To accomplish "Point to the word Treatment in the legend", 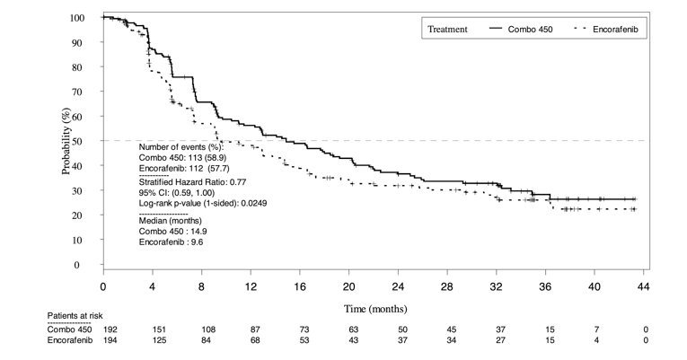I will (x=446, y=29).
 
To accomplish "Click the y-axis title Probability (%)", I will (x=68, y=142).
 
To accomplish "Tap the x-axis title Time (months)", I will (x=373, y=308).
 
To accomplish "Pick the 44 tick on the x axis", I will (x=642, y=285).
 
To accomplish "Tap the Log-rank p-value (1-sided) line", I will (x=202, y=204).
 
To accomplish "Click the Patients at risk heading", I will (x=77, y=317).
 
